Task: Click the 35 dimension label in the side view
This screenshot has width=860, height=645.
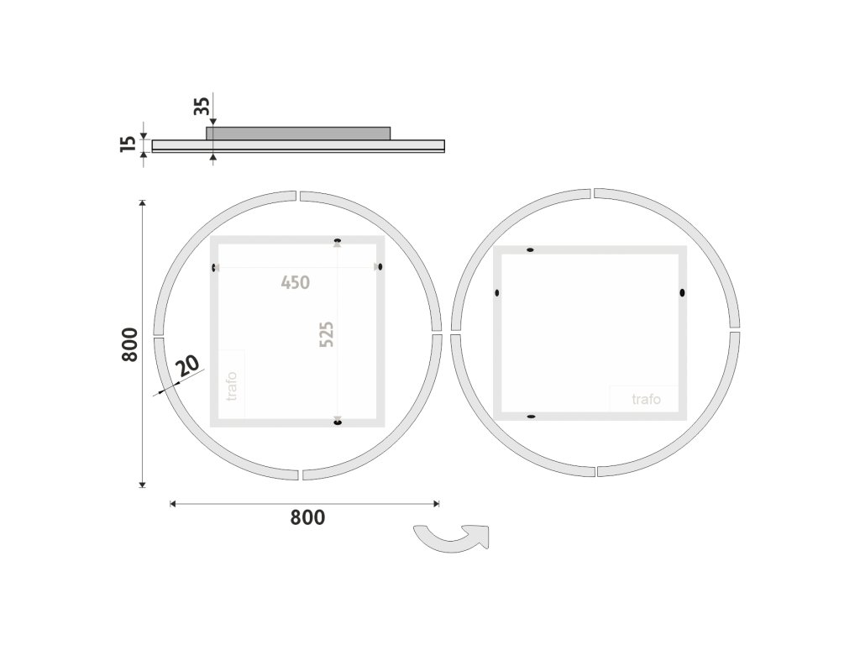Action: click(x=202, y=106)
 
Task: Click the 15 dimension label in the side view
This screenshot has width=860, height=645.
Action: click(x=128, y=144)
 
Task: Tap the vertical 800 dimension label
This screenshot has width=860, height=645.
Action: click(x=129, y=344)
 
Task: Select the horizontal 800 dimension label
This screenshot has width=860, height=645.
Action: click(x=307, y=517)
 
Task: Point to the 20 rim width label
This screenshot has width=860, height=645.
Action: click(x=188, y=365)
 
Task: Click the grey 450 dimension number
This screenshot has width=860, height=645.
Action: click(x=296, y=283)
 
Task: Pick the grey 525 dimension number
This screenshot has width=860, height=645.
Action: click(x=327, y=334)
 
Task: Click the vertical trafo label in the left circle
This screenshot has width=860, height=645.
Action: click(x=232, y=386)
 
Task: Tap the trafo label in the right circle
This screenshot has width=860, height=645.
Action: click(x=646, y=399)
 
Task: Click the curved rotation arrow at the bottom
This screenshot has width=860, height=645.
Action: click(x=451, y=540)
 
